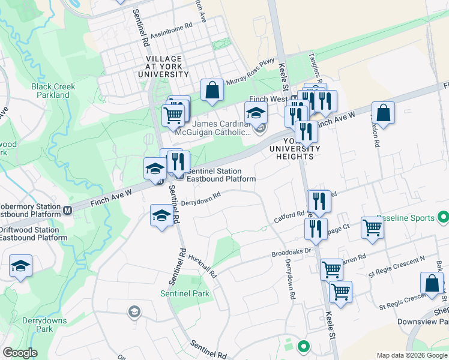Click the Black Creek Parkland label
[x=53, y=91]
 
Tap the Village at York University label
[x=163, y=66]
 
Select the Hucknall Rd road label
[x=202, y=265]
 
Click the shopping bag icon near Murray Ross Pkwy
[x=212, y=91]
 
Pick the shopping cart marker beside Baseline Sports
[x=372, y=228]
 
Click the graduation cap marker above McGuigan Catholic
[x=256, y=112]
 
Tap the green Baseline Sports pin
[x=443, y=217]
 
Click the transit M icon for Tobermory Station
[x=68, y=210]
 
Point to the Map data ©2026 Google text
[x=412, y=355]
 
